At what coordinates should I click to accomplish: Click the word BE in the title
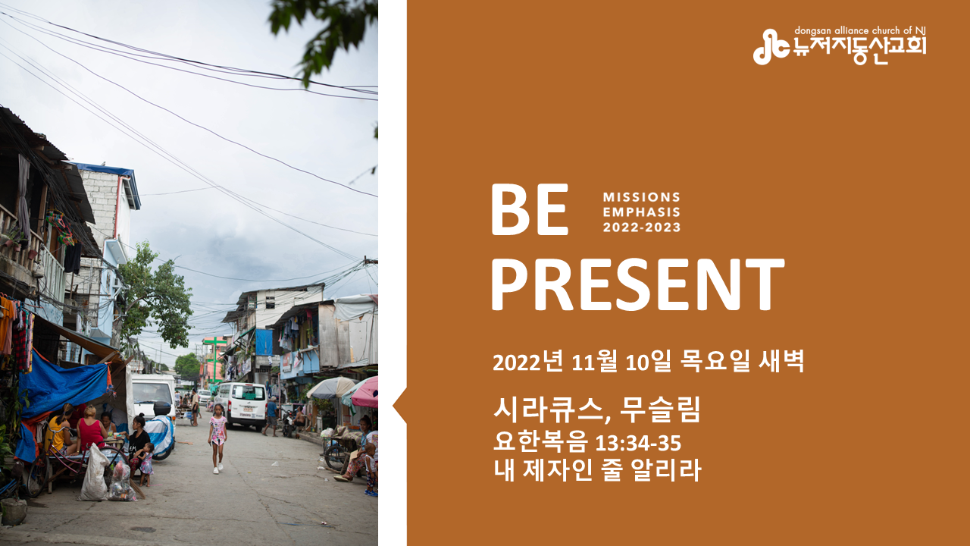530,209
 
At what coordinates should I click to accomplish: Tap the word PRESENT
638,284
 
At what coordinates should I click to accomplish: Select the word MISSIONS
641,197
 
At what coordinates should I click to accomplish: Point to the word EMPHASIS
641,212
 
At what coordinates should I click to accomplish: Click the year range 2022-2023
642,227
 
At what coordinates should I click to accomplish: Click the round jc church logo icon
771,47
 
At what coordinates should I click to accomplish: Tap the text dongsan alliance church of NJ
859,31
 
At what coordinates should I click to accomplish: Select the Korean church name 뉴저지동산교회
859,51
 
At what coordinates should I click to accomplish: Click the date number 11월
594,362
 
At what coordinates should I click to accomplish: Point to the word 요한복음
541,443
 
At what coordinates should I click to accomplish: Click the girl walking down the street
217,438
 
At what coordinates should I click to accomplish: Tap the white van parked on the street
242,405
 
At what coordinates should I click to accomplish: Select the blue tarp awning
65,386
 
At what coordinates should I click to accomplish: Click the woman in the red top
90,429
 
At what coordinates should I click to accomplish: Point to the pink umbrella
365,393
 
